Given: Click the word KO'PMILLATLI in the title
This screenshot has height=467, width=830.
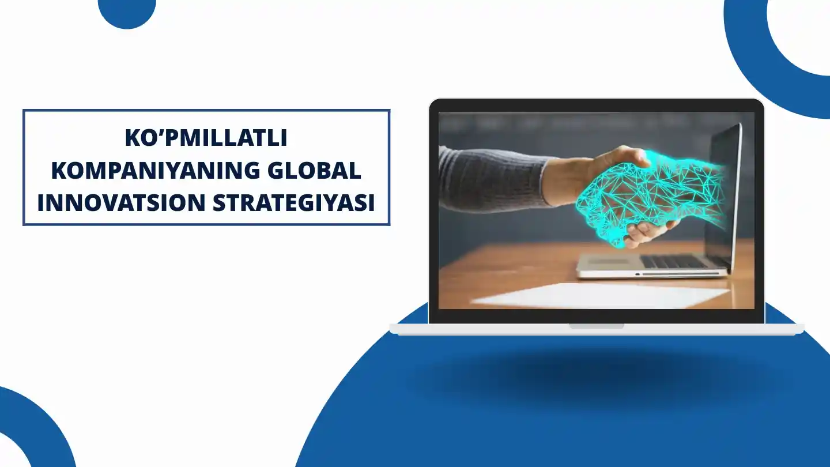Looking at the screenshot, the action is (206, 138).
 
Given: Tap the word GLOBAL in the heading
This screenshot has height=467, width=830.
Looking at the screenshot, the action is (314, 171).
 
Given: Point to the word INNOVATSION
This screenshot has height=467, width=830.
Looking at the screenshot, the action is (121, 202).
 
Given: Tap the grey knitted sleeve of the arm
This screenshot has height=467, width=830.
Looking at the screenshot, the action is (493, 178).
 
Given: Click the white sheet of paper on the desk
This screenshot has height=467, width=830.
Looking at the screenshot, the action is (600, 295).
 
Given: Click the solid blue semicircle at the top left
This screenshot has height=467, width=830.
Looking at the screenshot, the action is (127, 13).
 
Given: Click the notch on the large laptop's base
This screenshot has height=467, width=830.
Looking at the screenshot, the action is (596, 326).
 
